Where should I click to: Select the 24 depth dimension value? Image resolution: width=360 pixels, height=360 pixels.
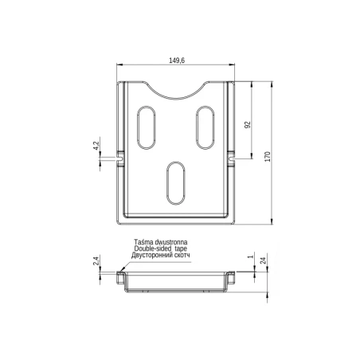pyautogui.click(x=264, y=260)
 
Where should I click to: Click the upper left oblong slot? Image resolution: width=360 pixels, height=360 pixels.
pyautogui.click(x=147, y=127)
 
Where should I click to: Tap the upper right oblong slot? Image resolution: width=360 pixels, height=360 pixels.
pyautogui.click(x=205, y=127)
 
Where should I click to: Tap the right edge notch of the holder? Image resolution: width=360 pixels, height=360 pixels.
pyautogui.click(x=233, y=158)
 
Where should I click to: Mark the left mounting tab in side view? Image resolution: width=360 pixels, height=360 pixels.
pyautogui.click(x=119, y=278)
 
